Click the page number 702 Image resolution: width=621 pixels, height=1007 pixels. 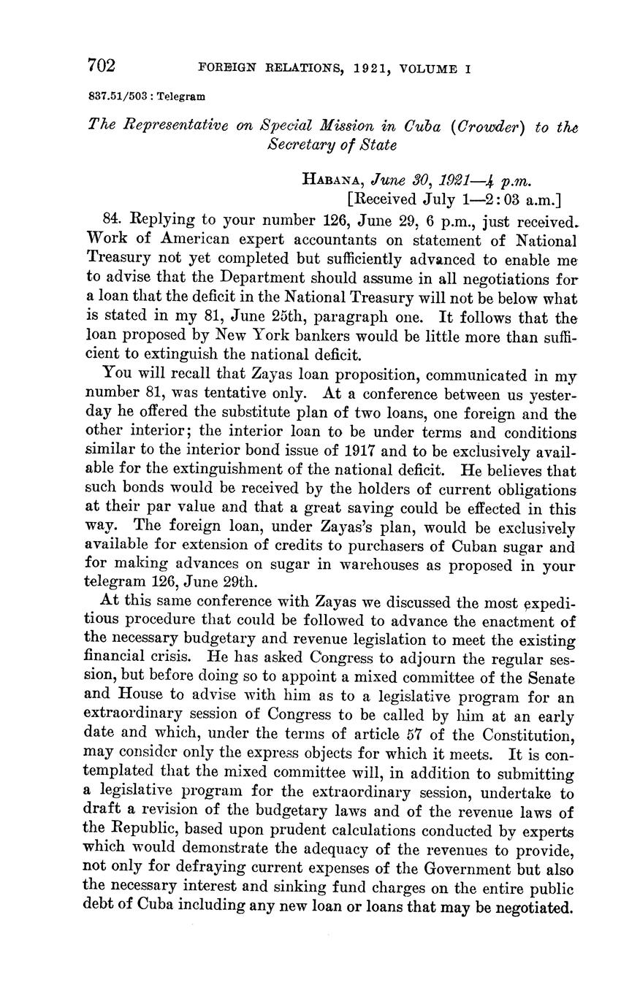[x=102, y=66]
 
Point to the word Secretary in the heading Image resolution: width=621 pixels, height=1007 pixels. [x=300, y=145]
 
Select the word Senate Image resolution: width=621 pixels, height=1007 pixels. [x=547, y=678]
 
